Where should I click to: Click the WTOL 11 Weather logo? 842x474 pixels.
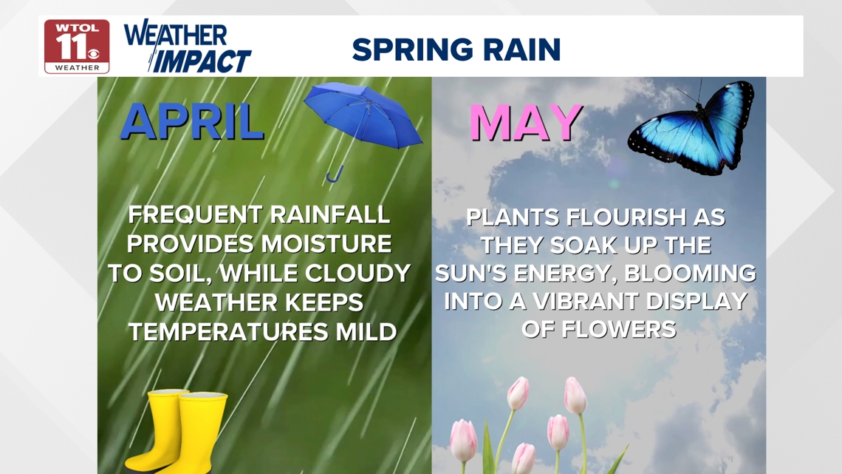(x=76, y=46)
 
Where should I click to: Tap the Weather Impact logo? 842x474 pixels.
(x=188, y=47)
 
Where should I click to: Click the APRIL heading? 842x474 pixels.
(x=192, y=122)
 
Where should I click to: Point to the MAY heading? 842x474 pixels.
(x=525, y=123)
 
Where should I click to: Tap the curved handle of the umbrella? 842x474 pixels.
(x=335, y=175)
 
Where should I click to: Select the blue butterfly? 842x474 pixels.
(x=694, y=129)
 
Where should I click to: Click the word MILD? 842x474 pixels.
(x=368, y=332)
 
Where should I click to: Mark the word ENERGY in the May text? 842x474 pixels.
(x=558, y=274)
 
